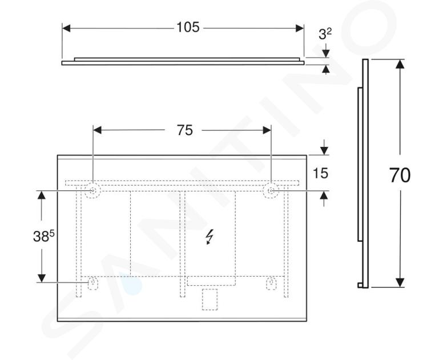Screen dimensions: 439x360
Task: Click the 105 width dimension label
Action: tap(188, 27)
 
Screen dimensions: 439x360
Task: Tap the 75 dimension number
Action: tap(185, 130)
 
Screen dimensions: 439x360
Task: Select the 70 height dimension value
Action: tap(400, 175)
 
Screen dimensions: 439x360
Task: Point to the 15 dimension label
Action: tap(320, 173)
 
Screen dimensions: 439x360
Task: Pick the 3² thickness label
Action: tap(325, 34)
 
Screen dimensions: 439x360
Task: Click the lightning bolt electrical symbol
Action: tap(210, 237)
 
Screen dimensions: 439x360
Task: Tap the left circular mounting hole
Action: tap(92, 191)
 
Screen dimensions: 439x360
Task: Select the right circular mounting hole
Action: tap(271, 191)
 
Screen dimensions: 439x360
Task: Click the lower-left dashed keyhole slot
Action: tap(92, 283)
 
